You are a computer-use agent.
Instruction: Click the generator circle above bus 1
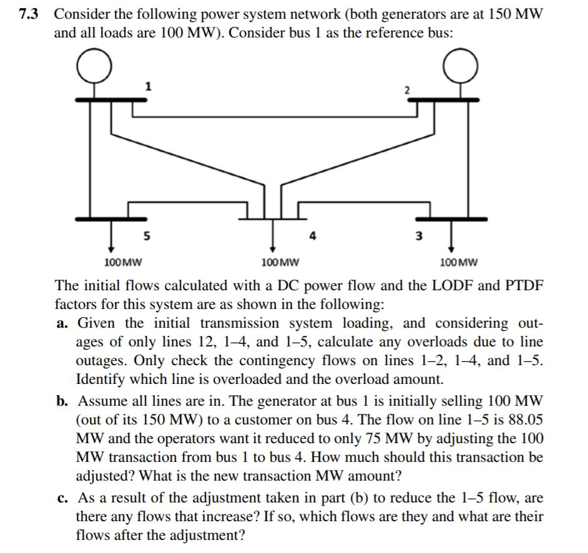point(96,67)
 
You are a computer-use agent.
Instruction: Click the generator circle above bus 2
point(461,67)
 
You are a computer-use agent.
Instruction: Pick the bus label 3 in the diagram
point(419,236)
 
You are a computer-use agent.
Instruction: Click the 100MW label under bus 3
point(459,262)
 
